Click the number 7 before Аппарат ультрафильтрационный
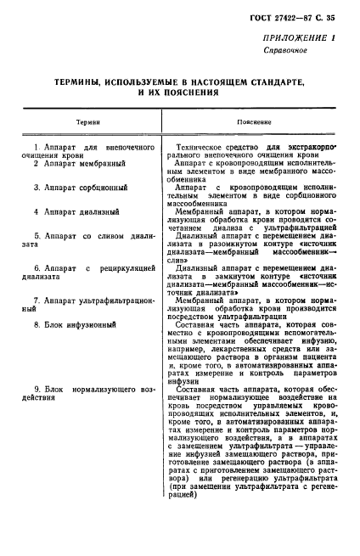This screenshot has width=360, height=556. pos(35,300)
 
